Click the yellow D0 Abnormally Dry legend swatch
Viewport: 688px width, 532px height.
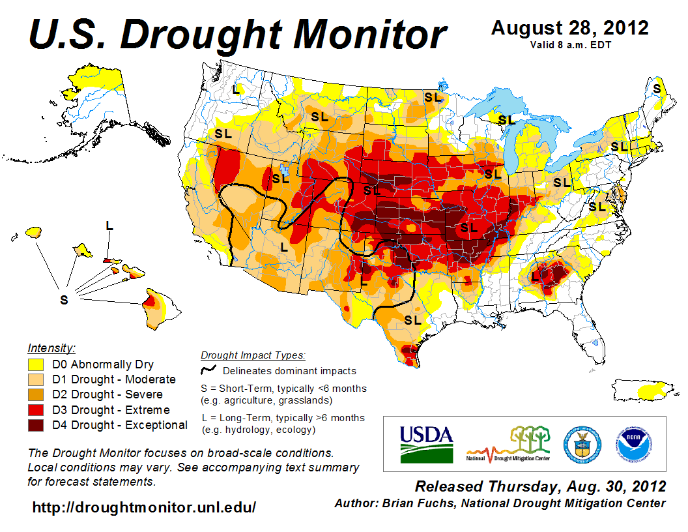point(35,364)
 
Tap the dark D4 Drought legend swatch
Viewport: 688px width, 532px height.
point(35,425)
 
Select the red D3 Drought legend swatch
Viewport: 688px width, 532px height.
point(35,410)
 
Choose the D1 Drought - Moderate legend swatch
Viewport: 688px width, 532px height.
point(35,379)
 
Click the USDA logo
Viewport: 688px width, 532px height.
point(426,444)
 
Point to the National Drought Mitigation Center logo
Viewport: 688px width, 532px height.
point(509,444)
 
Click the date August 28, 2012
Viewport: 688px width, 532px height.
point(570,28)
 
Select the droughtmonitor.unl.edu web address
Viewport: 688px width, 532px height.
point(144,507)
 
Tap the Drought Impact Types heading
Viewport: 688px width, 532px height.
point(253,355)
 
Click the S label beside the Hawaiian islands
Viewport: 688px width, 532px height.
point(64,299)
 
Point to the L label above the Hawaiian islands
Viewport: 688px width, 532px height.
point(109,226)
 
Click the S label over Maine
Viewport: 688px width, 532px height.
point(657,88)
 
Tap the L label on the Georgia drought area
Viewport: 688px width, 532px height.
point(535,276)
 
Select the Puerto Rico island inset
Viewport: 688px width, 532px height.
point(646,390)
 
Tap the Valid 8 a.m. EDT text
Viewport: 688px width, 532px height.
point(570,44)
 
